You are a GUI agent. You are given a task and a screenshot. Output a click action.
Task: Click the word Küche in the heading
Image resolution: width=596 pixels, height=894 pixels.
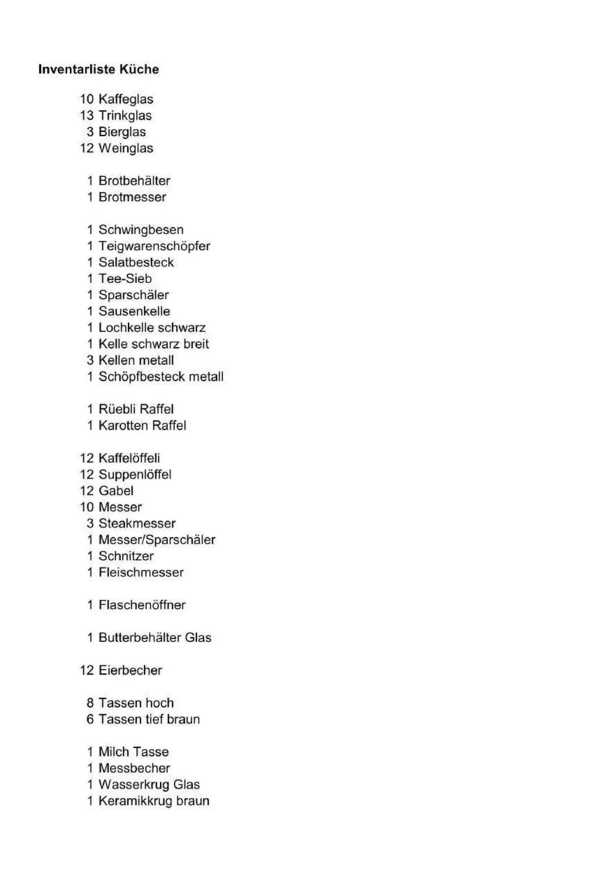[x=139, y=69]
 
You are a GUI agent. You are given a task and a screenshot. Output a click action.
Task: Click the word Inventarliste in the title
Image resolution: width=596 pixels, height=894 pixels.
[x=77, y=69]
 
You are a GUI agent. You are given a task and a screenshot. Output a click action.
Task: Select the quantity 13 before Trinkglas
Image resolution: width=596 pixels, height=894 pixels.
[x=87, y=115]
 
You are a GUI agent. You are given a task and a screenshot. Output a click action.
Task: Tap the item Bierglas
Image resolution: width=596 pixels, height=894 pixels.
[x=122, y=132]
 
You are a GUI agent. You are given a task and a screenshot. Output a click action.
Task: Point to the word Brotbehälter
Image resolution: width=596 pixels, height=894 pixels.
[x=134, y=180]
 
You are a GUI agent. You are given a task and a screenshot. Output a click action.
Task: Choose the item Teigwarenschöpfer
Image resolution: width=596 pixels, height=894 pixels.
[x=154, y=246]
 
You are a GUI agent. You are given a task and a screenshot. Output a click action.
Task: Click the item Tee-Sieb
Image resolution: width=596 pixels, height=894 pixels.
[x=125, y=278]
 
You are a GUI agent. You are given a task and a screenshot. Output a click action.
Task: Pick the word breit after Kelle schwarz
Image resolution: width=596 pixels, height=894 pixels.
[x=196, y=343]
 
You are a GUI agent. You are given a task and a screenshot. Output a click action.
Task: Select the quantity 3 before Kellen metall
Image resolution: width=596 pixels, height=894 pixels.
[x=90, y=360]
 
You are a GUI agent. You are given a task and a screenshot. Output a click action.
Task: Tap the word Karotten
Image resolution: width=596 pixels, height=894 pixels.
[x=123, y=425]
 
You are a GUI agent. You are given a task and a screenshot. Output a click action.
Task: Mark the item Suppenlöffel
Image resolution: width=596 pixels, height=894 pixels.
[x=135, y=474]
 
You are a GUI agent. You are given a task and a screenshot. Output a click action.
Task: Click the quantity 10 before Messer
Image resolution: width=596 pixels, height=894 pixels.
[x=87, y=507]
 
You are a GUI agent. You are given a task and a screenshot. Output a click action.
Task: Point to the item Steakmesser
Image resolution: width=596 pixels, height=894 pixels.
[x=137, y=523]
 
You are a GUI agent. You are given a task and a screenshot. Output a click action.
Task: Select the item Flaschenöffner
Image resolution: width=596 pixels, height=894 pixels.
[x=142, y=605]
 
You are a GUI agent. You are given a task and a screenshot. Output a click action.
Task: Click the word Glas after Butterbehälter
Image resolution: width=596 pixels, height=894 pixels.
[x=198, y=637]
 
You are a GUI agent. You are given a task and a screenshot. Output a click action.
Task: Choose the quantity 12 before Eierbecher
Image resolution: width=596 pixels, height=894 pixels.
[x=87, y=670]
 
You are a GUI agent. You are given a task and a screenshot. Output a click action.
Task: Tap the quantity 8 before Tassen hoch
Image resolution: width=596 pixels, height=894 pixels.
[x=90, y=703]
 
